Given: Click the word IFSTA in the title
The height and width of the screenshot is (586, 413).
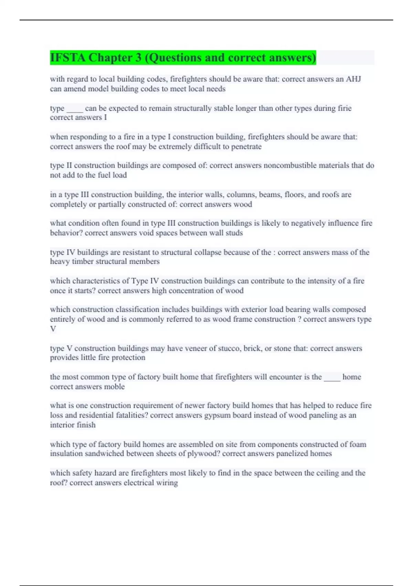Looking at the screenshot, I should tap(68, 58).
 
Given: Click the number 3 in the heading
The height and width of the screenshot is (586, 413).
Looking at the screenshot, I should tap(138, 58).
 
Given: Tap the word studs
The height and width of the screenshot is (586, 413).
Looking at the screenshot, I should tap(234, 233).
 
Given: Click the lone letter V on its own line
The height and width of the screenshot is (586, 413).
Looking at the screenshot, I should tap(53, 329).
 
